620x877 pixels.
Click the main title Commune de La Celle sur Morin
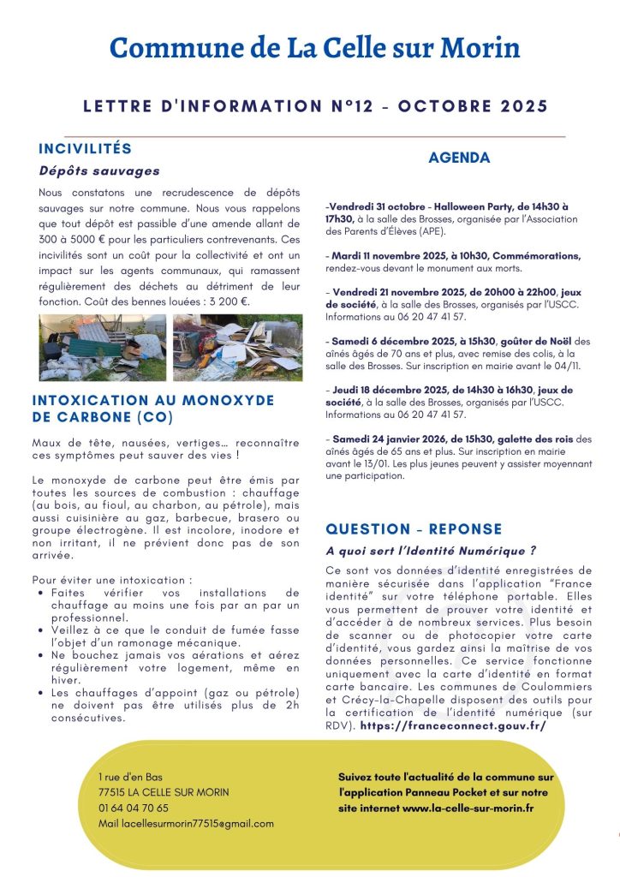(314, 48)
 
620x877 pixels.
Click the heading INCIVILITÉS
(85, 149)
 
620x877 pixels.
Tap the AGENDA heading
(459, 158)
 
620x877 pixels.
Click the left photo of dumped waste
(103, 347)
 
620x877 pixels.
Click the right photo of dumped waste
(237, 347)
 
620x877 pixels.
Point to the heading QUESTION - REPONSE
(414, 529)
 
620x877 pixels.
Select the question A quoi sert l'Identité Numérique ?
(431, 550)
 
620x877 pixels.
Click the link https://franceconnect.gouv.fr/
(453, 725)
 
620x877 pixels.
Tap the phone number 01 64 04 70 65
(133, 808)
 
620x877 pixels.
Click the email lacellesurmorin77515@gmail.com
(186, 823)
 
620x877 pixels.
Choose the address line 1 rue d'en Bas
(131, 777)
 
